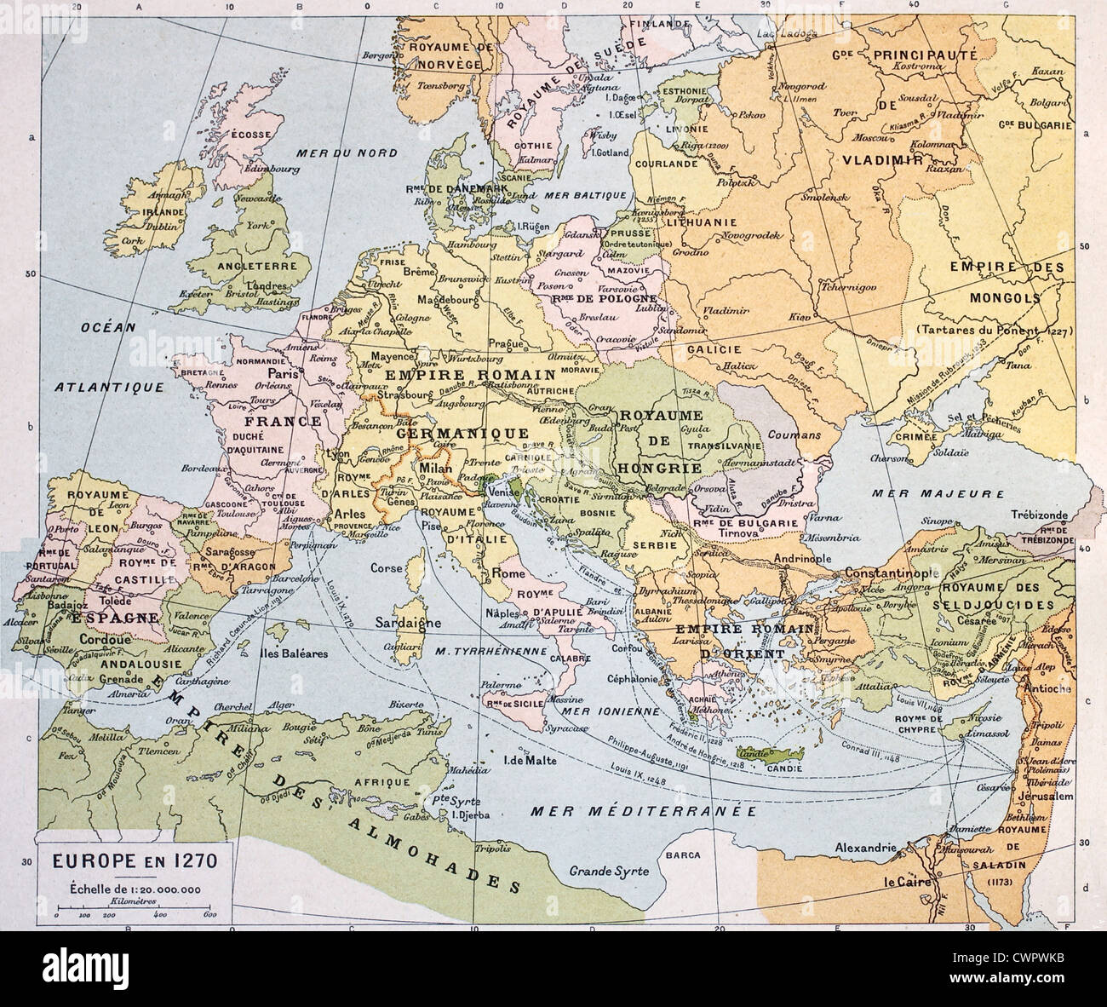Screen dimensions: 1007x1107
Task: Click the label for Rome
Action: (509, 574)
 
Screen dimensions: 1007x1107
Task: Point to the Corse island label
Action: (387, 566)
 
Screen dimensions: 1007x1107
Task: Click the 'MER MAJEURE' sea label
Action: (926, 492)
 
